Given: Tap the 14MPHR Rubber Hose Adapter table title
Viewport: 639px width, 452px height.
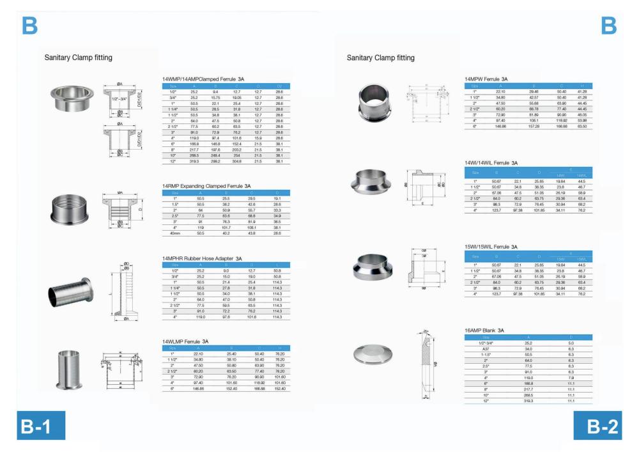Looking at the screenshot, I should pos(203,258).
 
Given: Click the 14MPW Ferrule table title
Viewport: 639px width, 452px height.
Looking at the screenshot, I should pos(491,79).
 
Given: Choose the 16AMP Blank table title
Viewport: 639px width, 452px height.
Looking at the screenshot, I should pos(485,330).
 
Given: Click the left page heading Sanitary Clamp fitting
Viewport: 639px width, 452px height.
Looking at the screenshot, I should pos(78,58).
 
